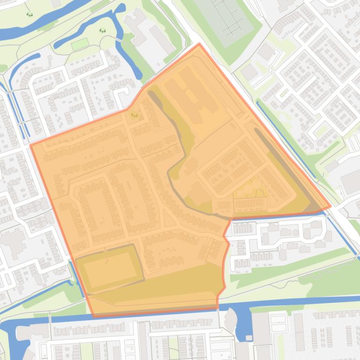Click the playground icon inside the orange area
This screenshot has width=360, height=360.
pyautogui.click(x=135, y=115)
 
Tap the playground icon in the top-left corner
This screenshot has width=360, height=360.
pyautogui.click(x=29, y=14)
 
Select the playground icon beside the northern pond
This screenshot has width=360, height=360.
pyautogui.click(x=103, y=31)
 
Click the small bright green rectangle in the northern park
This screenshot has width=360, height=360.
pyautogui.click(x=80, y=44)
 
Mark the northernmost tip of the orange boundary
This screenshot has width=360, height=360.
pyautogui.click(x=199, y=44)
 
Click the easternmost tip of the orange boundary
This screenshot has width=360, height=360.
pyautogui.click(x=331, y=206)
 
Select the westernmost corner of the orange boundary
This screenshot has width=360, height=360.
pyautogui.click(x=31, y=145)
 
